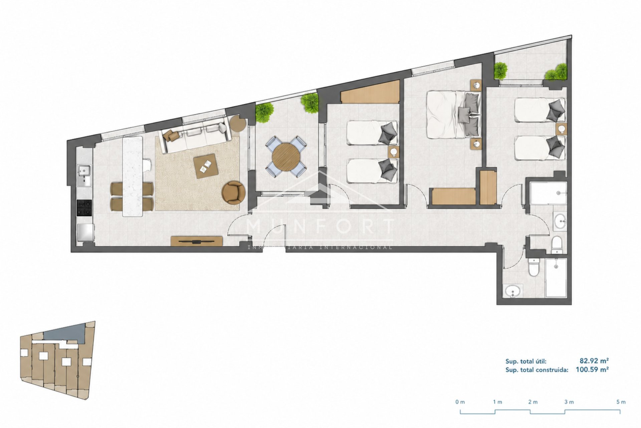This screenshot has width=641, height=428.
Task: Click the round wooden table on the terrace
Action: tap(286, 157)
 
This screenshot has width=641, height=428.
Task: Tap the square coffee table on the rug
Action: tap(206, 166)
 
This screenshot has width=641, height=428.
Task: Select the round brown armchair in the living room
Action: tap(233, 192)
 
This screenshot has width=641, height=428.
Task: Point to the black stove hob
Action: tap(84, 207)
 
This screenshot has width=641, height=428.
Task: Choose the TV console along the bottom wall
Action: tap(197, 241)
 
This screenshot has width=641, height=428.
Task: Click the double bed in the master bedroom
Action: tap(454, 114)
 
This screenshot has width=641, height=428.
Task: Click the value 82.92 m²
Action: tap(594, 361)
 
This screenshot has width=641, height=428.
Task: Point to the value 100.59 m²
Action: tap(592, 370)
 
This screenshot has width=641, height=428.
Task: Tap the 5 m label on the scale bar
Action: tap(621, 402)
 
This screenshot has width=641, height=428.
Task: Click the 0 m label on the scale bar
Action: tap(460, 402)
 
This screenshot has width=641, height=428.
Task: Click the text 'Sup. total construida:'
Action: tap(537, 370)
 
